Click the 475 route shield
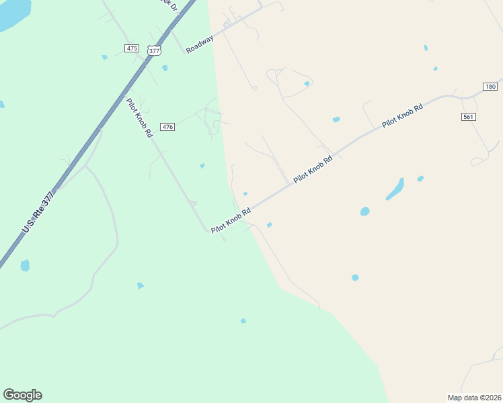pyautogui.click(x=132, y=48)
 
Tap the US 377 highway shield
pyautogui.click(x=154, y=50)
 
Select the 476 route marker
pyautogui.click(x=168, y=127)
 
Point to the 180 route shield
pyautogui.click(x=490, y=87)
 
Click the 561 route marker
pyautogui.click(x=469, y=117)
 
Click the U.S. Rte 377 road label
pyautogui.click(x=38, y=212)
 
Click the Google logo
pyautogui.click(x=22, y=395)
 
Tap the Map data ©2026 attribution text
pyautogui.click(x=474, y=398)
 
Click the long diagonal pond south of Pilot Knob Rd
pyautogui.click(x=395, y=189)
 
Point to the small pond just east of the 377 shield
pyautogui.click(x=165, y=68)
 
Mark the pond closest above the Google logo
pyautogui.click(x=25, y=265)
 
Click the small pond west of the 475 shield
pyautogui.click(x=104, y=57)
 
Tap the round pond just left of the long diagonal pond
pyautogui.click(x=364, y=211)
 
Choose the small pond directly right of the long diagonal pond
pyautogui.click(x=420, y=179)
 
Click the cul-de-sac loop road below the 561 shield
pyautogui.click(x=479, y=161)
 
